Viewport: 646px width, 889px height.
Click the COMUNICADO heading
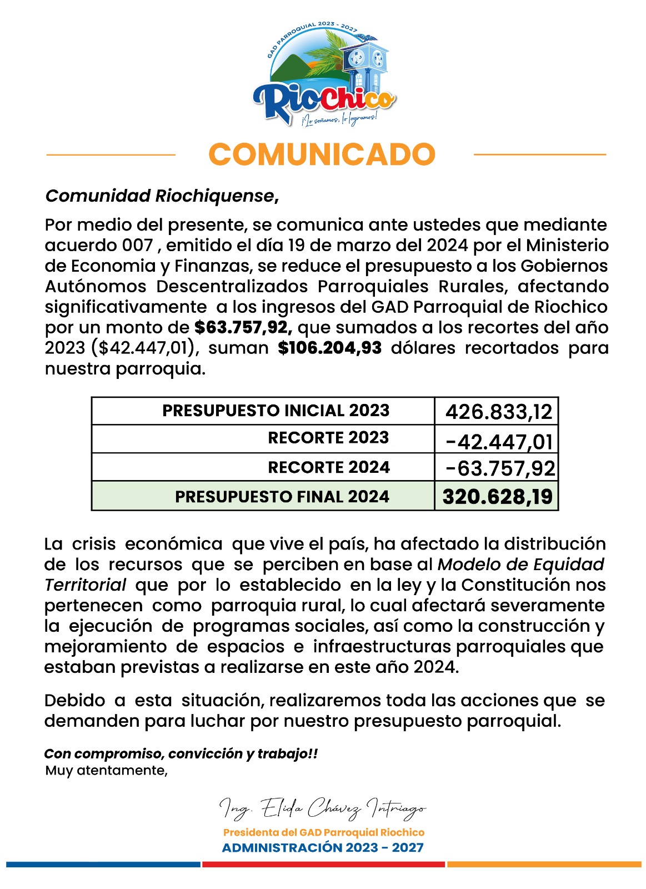pos(322,154)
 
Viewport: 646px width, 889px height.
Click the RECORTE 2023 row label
pos(328,438)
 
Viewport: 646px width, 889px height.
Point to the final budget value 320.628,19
pos(498,497)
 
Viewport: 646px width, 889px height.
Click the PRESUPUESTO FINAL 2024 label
pos(282,497)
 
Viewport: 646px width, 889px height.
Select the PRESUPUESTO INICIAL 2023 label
pos(276,411)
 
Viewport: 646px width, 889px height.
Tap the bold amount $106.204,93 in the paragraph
pos(330,348)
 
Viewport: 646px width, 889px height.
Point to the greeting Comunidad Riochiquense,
pos(162,196)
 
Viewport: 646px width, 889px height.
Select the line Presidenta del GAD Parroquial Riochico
pos(324,832)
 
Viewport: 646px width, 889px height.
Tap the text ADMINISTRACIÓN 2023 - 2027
pos(323,848)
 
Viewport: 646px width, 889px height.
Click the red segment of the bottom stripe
pos(323,865)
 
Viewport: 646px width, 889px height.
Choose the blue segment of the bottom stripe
pos(103,865)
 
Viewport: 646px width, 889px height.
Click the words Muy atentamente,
pos(107,771)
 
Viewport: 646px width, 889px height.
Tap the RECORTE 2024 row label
pos(329,467)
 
